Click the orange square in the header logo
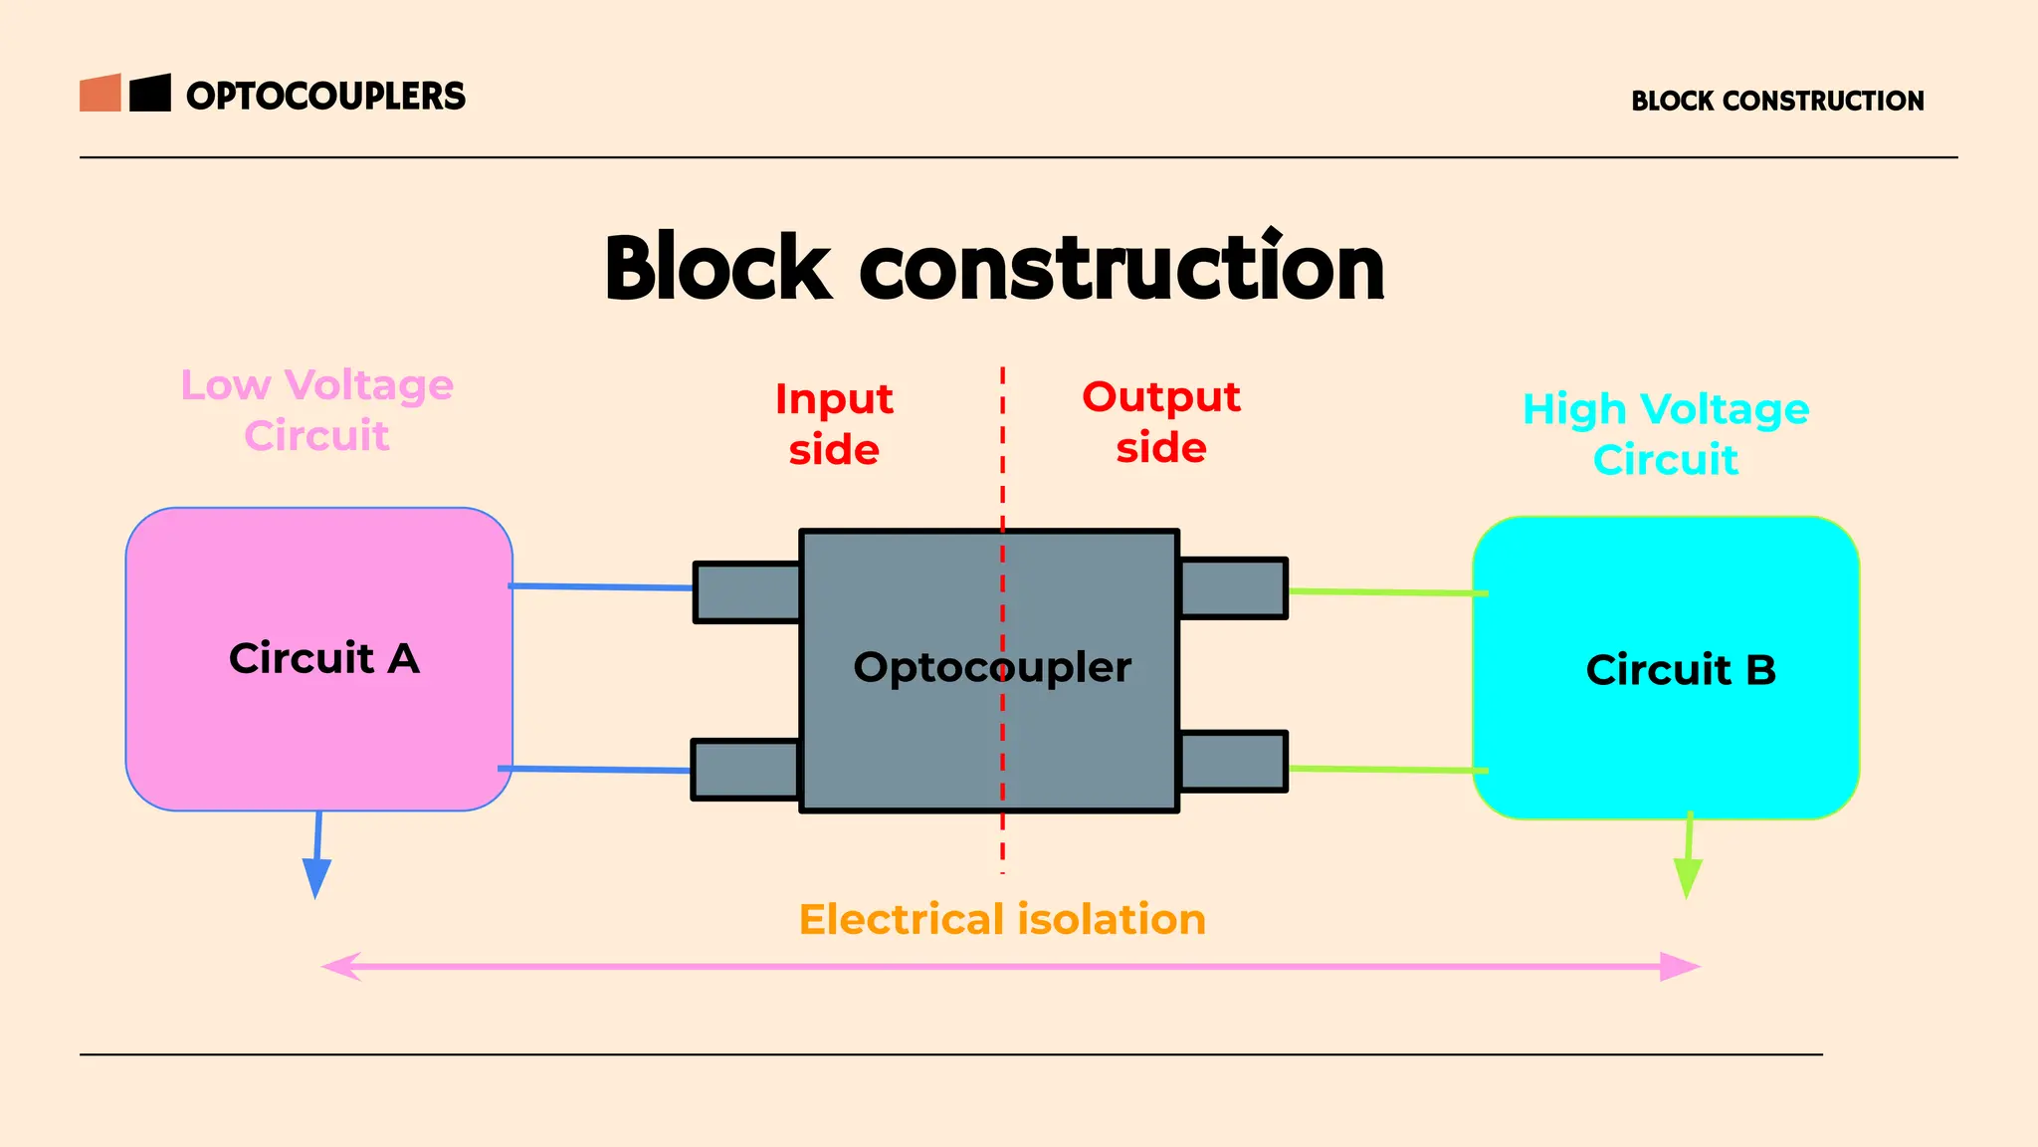point(101,93)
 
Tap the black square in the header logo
point(150,93)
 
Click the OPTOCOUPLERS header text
point(325,96)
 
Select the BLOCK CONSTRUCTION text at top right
point(1777,101)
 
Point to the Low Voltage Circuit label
point(316,410)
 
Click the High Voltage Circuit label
point(1666,434)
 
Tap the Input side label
point(834,423)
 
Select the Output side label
point(1161,422)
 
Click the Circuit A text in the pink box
point(324,658)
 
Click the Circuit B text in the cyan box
point(1681,670)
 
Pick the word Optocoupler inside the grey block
point(992,667)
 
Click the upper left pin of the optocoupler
point(747,592)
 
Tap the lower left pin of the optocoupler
point(745,770)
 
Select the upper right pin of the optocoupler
point(1233,588)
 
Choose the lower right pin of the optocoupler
point(1233,762)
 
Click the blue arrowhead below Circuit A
point(316,878)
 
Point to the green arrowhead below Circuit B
point(1687,877)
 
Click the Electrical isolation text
point(1002,919)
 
